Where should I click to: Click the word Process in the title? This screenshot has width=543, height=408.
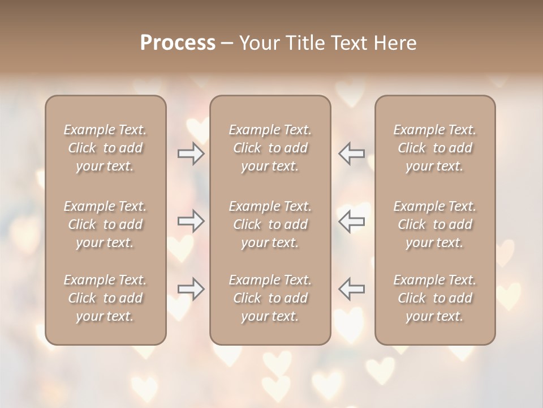pos(178,43)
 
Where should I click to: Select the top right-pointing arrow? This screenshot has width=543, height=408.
pos(191,154)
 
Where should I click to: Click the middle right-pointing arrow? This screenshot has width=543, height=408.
pos(191,221)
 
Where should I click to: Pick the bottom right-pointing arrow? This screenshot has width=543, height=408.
pos(191,289)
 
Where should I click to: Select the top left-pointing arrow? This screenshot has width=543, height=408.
pos(352,154)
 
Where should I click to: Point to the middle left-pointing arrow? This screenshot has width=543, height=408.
pos(352,221)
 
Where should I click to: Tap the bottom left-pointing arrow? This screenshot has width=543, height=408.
pos(352,289)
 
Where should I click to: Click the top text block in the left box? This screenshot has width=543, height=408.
pos(105,148)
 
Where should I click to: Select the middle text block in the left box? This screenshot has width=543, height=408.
pos(105,224)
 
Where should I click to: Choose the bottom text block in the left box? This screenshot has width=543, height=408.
pos(105,298)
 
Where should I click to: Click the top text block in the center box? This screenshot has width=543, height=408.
pos(270,148)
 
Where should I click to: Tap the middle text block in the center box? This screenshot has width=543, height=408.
pos(270,224)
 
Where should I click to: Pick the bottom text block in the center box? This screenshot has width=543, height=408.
pos(270,298)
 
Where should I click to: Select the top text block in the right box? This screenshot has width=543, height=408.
pos(435,148)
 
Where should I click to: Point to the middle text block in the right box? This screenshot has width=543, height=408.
pos(435,224)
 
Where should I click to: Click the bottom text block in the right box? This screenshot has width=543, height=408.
pos(435,298)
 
